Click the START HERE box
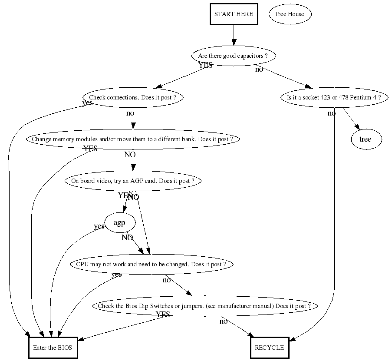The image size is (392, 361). click(234, 14)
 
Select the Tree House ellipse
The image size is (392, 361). click(290, 14)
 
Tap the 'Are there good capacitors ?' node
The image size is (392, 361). click(234, 56)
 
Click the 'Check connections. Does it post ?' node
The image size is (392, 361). click(133, 97)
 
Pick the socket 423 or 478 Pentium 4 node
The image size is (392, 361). click(334, 97)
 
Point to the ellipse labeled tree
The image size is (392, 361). click(366, 139)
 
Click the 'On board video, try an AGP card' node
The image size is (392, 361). click(133, 181)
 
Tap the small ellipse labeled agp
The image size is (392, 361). click(119, 223)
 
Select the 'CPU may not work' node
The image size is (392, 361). click(151, 264)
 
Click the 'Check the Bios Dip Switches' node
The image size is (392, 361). click(204, 306)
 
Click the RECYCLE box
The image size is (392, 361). click(270, 348)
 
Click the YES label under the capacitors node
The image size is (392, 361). click(206, 66)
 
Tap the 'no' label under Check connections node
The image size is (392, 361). click(130, 113)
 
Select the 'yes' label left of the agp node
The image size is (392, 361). click(99, 226)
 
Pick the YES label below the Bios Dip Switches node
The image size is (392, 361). click(163, 315)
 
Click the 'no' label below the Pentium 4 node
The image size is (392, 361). click(332, 113)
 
